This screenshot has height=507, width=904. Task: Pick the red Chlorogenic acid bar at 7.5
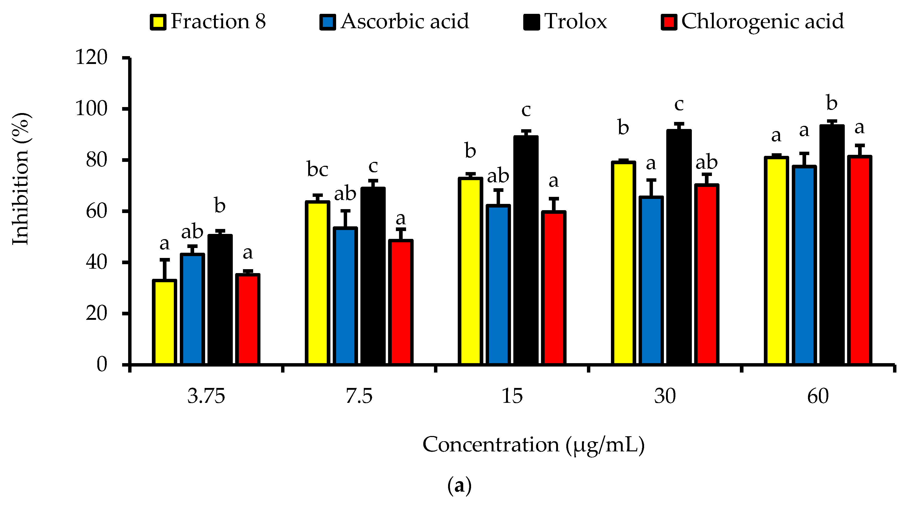401,302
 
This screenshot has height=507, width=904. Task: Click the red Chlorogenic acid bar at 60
859,260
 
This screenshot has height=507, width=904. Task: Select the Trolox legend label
575,22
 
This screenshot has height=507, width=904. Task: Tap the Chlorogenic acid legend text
762,22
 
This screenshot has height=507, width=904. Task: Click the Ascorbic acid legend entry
404,22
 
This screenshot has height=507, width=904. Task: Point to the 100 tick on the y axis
91,109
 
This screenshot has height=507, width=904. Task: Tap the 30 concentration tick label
665,396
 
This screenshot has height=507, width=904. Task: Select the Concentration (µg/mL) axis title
533,445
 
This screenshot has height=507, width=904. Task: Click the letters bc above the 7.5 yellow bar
317,170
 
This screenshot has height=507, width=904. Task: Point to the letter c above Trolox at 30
679,104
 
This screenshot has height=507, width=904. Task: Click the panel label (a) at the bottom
459,486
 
